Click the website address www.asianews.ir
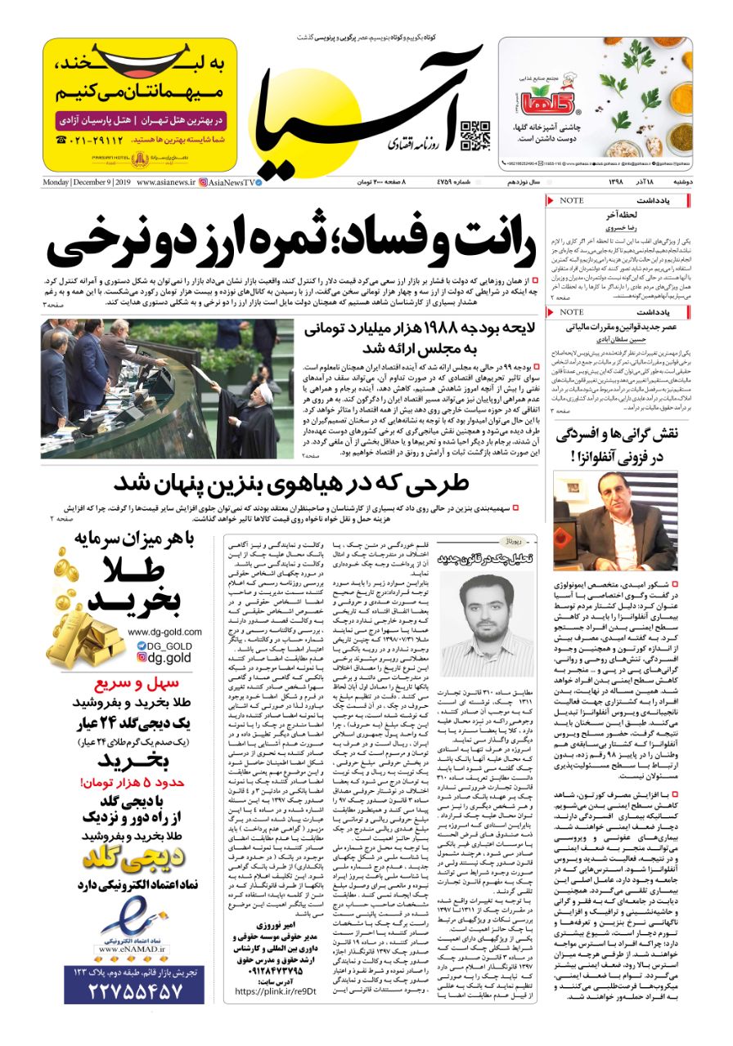coord(166,182)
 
